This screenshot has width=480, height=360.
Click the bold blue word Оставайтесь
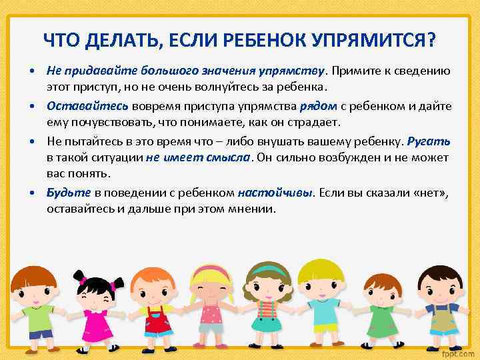pyautogui.click(x=87, y=105)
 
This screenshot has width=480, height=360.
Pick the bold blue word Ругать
pyautogui.click(x=429, y=141)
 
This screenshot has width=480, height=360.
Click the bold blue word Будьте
pyautogui.click(x=69, y=193)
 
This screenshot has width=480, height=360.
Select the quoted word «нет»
pyautogui.click(x=431, y=193)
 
